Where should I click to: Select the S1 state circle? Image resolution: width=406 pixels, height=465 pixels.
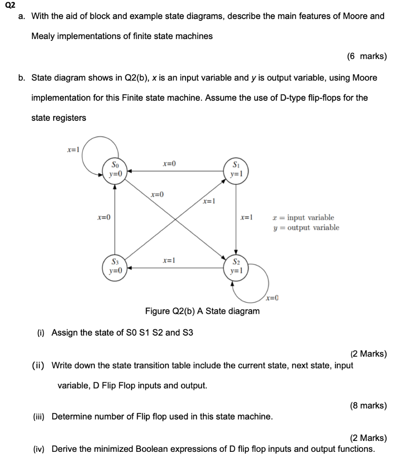tap(235, 169)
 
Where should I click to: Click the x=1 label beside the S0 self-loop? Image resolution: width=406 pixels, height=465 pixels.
tap(73, 149)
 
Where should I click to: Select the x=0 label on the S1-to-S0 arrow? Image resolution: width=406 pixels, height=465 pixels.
tap(169, 163)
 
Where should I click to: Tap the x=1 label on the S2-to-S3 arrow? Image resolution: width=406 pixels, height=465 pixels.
tap(169, 261)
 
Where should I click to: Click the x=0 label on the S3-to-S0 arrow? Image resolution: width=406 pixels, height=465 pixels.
tap(104, 218)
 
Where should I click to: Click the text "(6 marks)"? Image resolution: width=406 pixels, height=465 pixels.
tap(366, 56)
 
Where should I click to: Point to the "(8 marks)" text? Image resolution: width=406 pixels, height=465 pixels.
tap(368, 406)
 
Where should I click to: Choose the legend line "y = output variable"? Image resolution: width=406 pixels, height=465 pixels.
tap(306, 228)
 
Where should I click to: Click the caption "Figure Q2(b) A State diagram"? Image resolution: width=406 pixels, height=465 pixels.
tap(202, 311)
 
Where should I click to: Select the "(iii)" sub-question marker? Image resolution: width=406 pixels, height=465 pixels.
tap(40, 416)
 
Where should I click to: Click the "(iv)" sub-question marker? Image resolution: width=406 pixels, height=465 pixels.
tap(40, 449)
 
